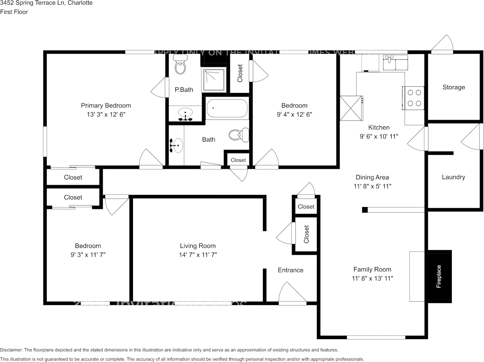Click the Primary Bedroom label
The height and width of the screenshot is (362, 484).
tap(106, 106)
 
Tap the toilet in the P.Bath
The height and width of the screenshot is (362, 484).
tap(180, 65)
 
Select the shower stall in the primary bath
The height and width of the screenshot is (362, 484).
tap(213, 79)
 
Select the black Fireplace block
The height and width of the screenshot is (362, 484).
tap(439, 276)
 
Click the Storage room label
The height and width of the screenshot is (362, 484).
tap(454, 87)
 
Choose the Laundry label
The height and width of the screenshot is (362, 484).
tap(453, 177)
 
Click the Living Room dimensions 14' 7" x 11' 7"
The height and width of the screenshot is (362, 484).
tap(198, 255)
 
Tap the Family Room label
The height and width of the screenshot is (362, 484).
tap(372, 269)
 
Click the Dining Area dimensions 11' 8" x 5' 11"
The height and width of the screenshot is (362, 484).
tap(372, 186)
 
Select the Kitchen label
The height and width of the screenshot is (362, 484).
tap(379, 127)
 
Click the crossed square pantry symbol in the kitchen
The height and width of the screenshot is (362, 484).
tap(351, 108)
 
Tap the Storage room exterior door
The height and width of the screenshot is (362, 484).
tap(443, 44)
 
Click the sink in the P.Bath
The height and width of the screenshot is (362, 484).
tap(186, 113)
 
